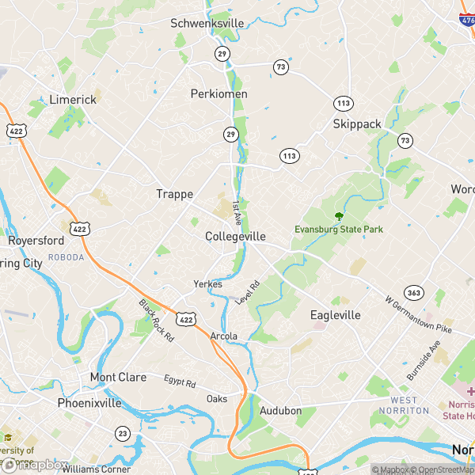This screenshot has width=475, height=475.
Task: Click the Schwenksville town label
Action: coord(207,24)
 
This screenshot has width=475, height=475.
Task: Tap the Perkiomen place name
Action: coord(219,93)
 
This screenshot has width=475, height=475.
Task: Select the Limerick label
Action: coord(73,100)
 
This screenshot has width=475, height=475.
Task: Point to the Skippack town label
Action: coord(357,124)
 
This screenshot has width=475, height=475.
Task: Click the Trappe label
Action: coord(174,194)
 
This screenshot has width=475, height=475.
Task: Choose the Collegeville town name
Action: coord(235,237)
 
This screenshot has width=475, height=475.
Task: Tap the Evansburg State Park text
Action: coord(339,230)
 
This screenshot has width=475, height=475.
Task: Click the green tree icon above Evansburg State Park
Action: coord(340,216)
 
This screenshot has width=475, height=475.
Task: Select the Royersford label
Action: coord(36,241)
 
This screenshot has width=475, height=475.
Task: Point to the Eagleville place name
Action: coord(335,315)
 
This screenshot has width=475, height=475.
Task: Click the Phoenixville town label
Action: coord(89,403)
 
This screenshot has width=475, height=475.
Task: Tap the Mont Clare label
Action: coord(118,378)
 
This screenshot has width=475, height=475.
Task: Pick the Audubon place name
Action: coord(281,411)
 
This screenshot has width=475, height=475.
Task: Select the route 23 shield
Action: coord(123,433)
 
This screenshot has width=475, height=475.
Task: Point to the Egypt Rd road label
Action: coord(180,382)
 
